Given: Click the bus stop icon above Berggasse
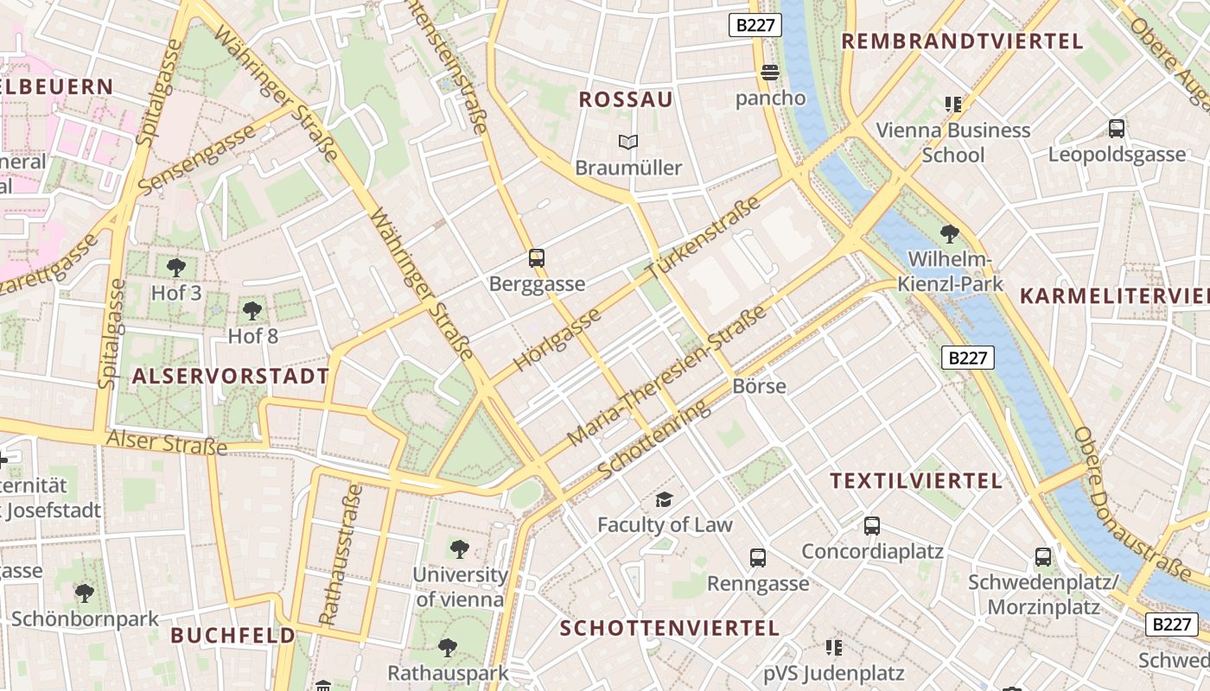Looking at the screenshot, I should [537, 257].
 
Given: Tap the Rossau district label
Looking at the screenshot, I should [626, 99].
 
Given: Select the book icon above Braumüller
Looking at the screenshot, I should [628, 142].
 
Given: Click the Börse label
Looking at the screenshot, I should [759, 385].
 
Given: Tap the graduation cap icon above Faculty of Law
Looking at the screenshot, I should [664, 499].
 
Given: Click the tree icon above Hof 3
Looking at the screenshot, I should [176, 267].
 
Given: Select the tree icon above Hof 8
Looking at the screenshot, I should [252, 310].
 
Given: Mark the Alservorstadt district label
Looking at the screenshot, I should [231, 376].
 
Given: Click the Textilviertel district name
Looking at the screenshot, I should [916, 480].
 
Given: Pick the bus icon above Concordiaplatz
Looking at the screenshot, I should [872, 525].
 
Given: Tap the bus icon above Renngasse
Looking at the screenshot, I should [758, 558].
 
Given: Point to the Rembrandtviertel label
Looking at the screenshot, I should [962, 41].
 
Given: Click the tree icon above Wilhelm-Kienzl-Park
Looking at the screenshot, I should [949, 233].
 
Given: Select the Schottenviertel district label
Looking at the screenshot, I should [670, 627].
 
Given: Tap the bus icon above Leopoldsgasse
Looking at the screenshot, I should [1117, 129].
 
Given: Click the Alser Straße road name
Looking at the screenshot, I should [166, 442].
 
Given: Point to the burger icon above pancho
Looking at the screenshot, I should [770, 72].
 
